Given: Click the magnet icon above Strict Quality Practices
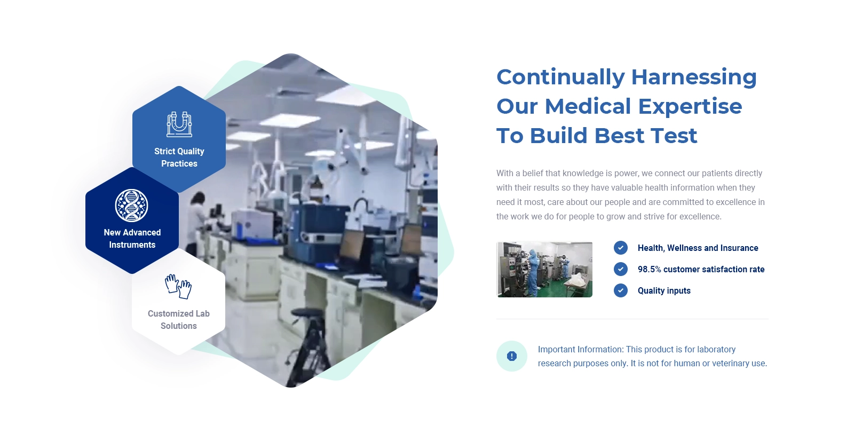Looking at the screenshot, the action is pyautogui.click(x=179, y=124).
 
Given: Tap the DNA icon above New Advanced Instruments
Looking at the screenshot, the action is pyautogui.click(x=131, y=206).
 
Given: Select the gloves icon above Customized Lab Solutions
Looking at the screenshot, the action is pyautogui.click(x=178, y=286).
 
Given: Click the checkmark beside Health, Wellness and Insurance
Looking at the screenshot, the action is pyautogui.click(x=621, y=248).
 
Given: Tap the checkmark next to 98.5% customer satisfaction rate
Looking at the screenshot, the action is pyautogui.click(x=621, y=269).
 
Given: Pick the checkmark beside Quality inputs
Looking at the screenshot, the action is pyautogui.click(x=621, y=290).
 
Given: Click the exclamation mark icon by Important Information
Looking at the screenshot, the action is pyautogui.click(x=512, y=356).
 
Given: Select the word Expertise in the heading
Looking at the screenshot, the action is pyautogui.click(x=690, y=107).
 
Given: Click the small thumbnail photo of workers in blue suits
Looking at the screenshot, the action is pyautogui.click(x=544, y=269).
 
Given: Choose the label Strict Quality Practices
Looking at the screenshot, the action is pyautogui.click(x=179, y=157).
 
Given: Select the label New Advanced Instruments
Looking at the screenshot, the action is pyautogui.click(x=132, y=239).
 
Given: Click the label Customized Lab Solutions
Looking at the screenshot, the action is pyautogui.click(x=178, y=320).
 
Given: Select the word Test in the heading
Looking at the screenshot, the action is pyautogui.click(x=674, y=136).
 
